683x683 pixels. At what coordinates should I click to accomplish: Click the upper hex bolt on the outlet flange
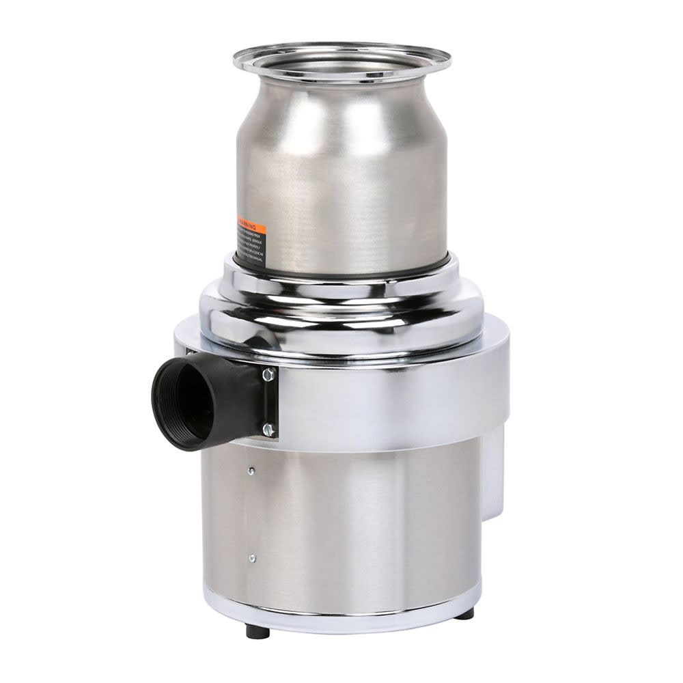pos(268,374)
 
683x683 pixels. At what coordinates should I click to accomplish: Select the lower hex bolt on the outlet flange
pos(268,430)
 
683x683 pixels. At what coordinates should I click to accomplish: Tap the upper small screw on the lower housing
pos(252,471)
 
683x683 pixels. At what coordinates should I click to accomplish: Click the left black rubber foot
pos(258,630)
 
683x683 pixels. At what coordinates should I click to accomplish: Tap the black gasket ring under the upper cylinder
pos(341,268)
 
